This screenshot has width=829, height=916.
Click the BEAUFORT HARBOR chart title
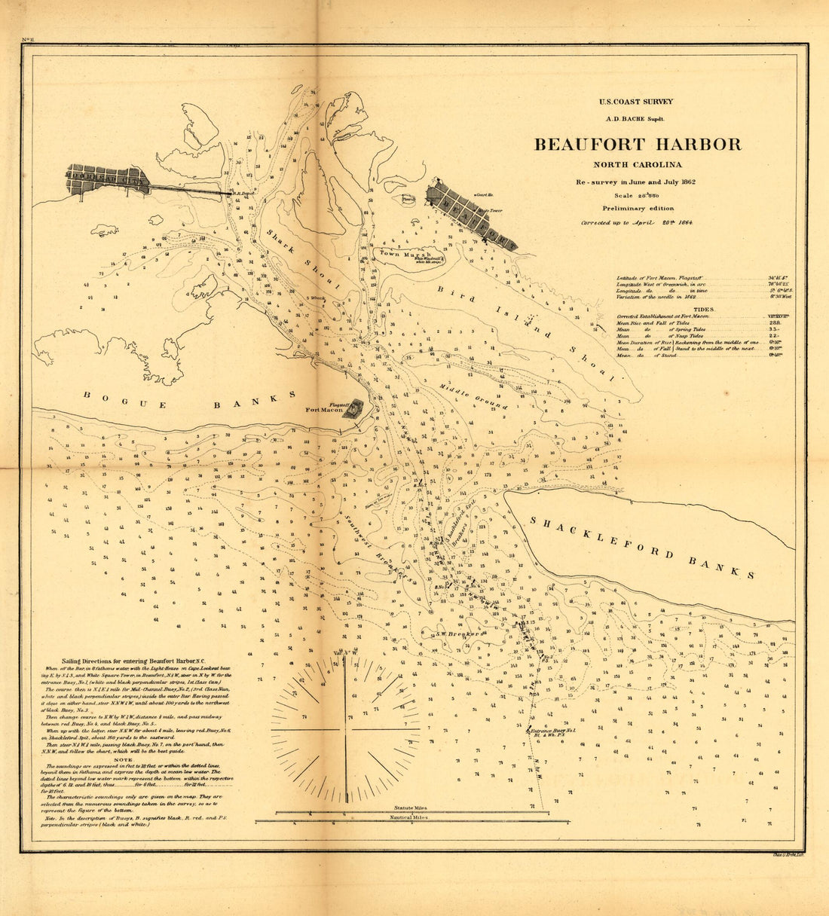(x=638, y=145)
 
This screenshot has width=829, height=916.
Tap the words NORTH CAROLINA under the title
(x=637, y=166)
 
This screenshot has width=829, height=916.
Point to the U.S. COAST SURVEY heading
(x=636, y=102)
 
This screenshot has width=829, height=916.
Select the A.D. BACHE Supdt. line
(x=636, y=118)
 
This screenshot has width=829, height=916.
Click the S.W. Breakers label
(x=457, y=634)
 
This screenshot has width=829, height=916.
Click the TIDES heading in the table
(x=704, y=309)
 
